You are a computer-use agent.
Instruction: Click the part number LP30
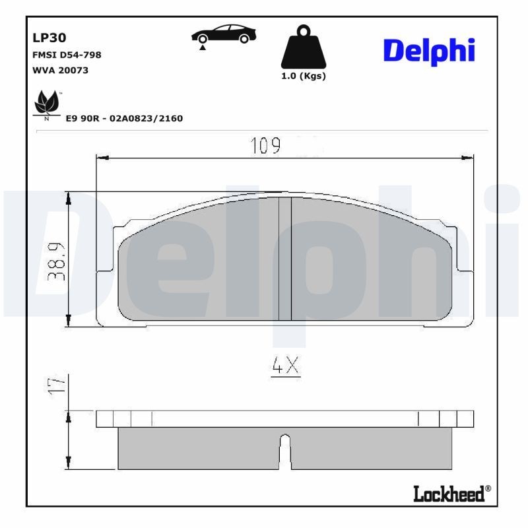pos(46,39)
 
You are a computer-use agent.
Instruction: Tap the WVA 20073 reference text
pos(60,70)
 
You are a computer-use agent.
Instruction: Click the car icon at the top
pos(224,36)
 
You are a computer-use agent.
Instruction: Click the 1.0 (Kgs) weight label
pos(304,76)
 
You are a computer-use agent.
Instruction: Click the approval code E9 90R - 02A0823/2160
pos(124,118)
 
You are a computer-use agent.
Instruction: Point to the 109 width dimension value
pos(265,146)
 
